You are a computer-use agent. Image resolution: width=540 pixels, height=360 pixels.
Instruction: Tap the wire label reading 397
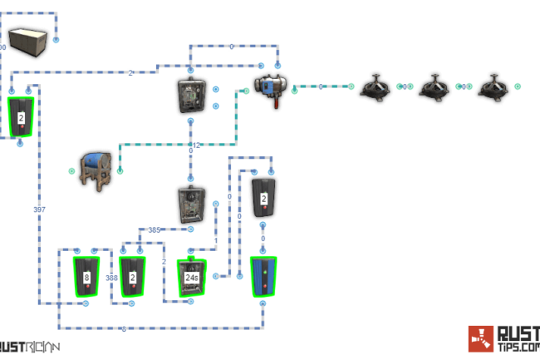point(39,210)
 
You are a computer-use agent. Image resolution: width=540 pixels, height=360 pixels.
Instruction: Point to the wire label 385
point(154,229)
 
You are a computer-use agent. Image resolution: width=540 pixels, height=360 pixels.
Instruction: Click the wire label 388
point(111,278)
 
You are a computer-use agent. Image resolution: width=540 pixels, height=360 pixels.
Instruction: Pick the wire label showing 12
point(196,145)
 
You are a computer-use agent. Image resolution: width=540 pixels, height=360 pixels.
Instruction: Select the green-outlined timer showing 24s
point(192,277)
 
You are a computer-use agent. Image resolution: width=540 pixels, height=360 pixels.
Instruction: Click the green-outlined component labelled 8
point(86,276)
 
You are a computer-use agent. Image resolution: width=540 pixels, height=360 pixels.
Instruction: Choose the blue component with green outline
point(263,277)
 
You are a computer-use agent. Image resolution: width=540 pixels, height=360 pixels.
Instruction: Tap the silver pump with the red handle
point(272,85)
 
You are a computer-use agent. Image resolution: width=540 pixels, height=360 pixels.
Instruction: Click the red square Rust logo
point(480,338)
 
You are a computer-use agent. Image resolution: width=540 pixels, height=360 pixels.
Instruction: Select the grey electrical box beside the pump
point(191,95)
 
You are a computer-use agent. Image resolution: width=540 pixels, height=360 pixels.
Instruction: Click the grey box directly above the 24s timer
point(191,205)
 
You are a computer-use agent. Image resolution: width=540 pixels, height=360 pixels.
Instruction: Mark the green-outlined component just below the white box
point(21,117)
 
